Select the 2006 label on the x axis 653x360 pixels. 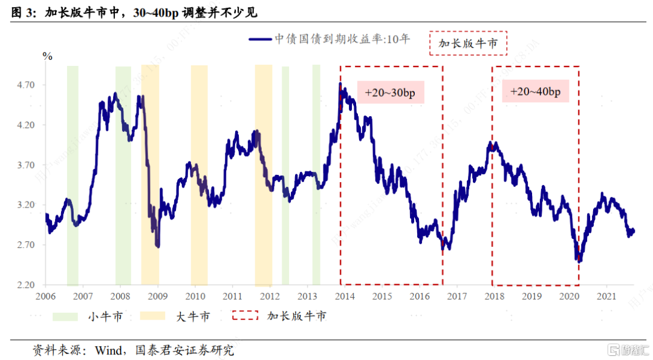45,296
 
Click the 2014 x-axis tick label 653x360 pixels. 345,296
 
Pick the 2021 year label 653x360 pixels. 606,296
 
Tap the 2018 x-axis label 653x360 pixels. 494,296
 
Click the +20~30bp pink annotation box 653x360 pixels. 391,93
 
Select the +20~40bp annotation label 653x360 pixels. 535,92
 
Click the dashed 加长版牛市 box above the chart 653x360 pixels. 467,43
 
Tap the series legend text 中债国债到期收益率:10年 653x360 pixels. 342,39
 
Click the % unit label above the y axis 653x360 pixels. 47,57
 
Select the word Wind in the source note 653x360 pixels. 109,350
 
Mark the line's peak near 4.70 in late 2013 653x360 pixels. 340,84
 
